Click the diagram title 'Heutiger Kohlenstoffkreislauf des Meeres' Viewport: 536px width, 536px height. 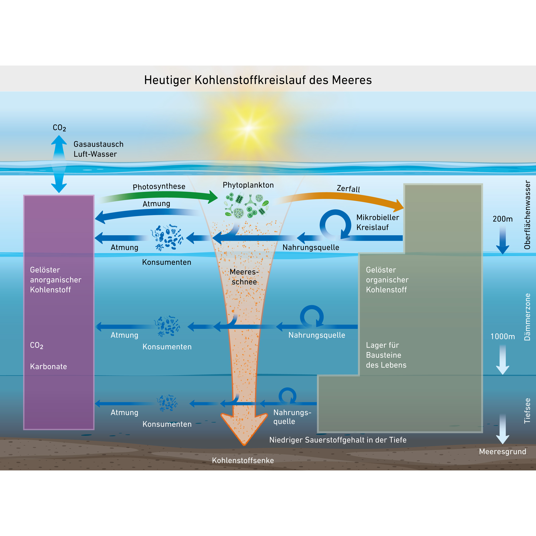(x=258, y=80)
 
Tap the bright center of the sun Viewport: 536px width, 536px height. (x=249, y=128)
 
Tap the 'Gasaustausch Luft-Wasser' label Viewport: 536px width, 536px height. (x=98, y=149)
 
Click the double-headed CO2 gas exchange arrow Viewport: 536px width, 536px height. (x=59, y=164)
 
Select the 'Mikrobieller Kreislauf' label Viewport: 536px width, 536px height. (x=377, y=222)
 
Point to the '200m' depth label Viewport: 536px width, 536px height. (x=502, y=219)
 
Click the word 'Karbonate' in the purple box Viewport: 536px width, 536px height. (x=49, y=366)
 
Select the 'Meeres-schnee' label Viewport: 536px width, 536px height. (x=244, y=277)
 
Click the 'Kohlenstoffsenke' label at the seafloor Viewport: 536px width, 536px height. (x=243, y=460)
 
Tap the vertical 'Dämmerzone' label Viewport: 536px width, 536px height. (x=527, y=317)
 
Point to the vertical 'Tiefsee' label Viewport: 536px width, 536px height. (x=527, y=411)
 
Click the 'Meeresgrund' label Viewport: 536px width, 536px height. (x=502, y=451)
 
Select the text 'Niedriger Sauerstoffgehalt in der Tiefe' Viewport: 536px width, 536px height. (x=338, y=440)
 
